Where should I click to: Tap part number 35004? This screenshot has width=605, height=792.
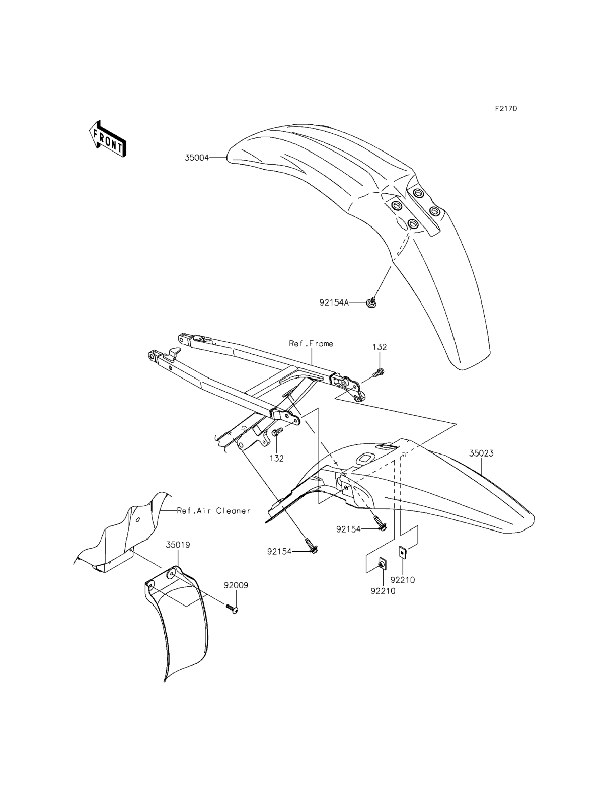(x=197, y=158)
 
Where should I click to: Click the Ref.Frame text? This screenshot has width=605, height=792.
(x=311, y=344)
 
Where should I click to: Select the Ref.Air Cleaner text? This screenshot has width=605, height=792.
(x=214, y=510)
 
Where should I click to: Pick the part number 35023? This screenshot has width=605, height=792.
(x=481, y=453)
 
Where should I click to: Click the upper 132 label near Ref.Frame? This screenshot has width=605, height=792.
(x=380, y=347)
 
